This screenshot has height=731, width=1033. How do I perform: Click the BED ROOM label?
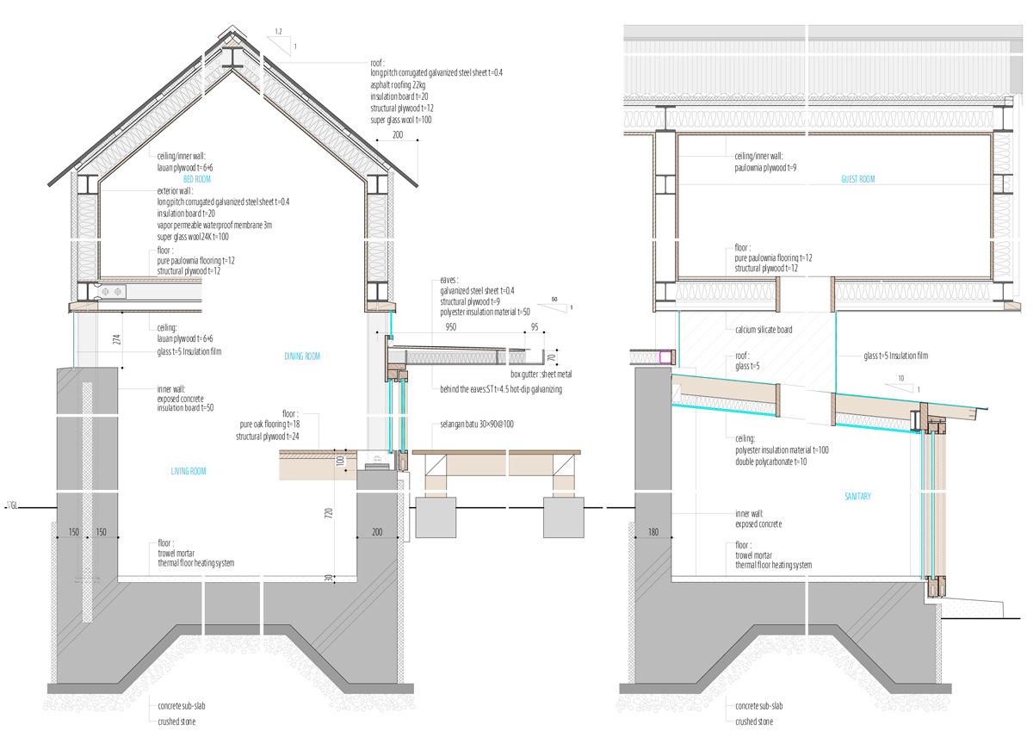(x=197, y=179)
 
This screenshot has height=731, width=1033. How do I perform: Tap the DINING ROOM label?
(x=302, y=356)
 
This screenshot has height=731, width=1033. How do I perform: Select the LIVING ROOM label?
(x=189, y=471)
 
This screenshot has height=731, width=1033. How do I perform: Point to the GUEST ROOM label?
(x=857, y=179)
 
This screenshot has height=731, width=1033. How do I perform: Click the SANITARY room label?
(x=857, y=496)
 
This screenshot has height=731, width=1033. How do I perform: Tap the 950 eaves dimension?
(x=450, y=327)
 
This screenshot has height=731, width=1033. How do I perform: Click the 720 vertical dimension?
(x=328, y=512)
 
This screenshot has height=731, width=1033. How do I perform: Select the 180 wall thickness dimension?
(x=653, y=532)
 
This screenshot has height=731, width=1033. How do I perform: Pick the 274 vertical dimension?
(x=117, y=339)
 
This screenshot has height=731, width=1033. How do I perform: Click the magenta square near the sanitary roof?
(x=665, y=357)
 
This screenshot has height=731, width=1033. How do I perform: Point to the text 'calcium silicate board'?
(x=764, y=329)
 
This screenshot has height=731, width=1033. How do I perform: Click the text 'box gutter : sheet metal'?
(x=541, y=374)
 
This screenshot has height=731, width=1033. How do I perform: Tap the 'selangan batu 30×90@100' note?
(x=477, y=424)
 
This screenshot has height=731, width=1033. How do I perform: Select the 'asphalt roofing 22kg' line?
(x=398, y=85)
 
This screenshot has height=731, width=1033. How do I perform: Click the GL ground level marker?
(x=12, y=506)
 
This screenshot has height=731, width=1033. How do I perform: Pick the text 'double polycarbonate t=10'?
(x=771, y=462)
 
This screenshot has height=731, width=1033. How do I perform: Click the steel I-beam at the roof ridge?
(x=233, y=57)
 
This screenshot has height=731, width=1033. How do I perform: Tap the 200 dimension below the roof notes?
(x=397, y=134)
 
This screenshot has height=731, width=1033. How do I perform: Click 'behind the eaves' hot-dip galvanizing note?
(x=501, y=389)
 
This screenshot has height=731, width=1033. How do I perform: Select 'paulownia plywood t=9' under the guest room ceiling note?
(x=765, y=168)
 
